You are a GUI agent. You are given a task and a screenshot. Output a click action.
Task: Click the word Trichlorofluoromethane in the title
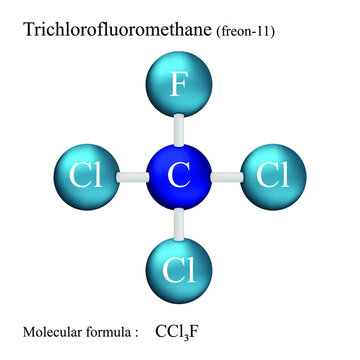(x=117, y=29)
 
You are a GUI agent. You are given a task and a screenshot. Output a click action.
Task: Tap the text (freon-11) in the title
(x=245, y=31)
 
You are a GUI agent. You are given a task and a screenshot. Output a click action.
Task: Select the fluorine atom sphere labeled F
(x=179, y=84)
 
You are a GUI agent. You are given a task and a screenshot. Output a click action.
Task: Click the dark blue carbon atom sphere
(x=179, y=177)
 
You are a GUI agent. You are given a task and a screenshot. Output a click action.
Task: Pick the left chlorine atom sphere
(x=86, y=177)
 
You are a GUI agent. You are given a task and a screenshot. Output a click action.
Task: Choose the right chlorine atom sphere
(x=273, y=177)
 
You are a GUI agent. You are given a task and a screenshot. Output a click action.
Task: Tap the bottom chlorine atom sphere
(x=179, y=270)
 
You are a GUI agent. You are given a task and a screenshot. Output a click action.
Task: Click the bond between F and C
(x=179, y=130)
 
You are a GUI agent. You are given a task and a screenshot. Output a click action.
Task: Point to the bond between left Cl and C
(x=133, y=177)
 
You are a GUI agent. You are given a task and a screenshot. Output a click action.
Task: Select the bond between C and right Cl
(x=227, y=177)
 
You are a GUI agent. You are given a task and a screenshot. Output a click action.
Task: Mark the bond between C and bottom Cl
(x=179, y=224)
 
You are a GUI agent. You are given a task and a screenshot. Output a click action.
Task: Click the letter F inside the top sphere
(x=179, y=84)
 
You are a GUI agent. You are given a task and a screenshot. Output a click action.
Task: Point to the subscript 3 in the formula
(x=186, y=336)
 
